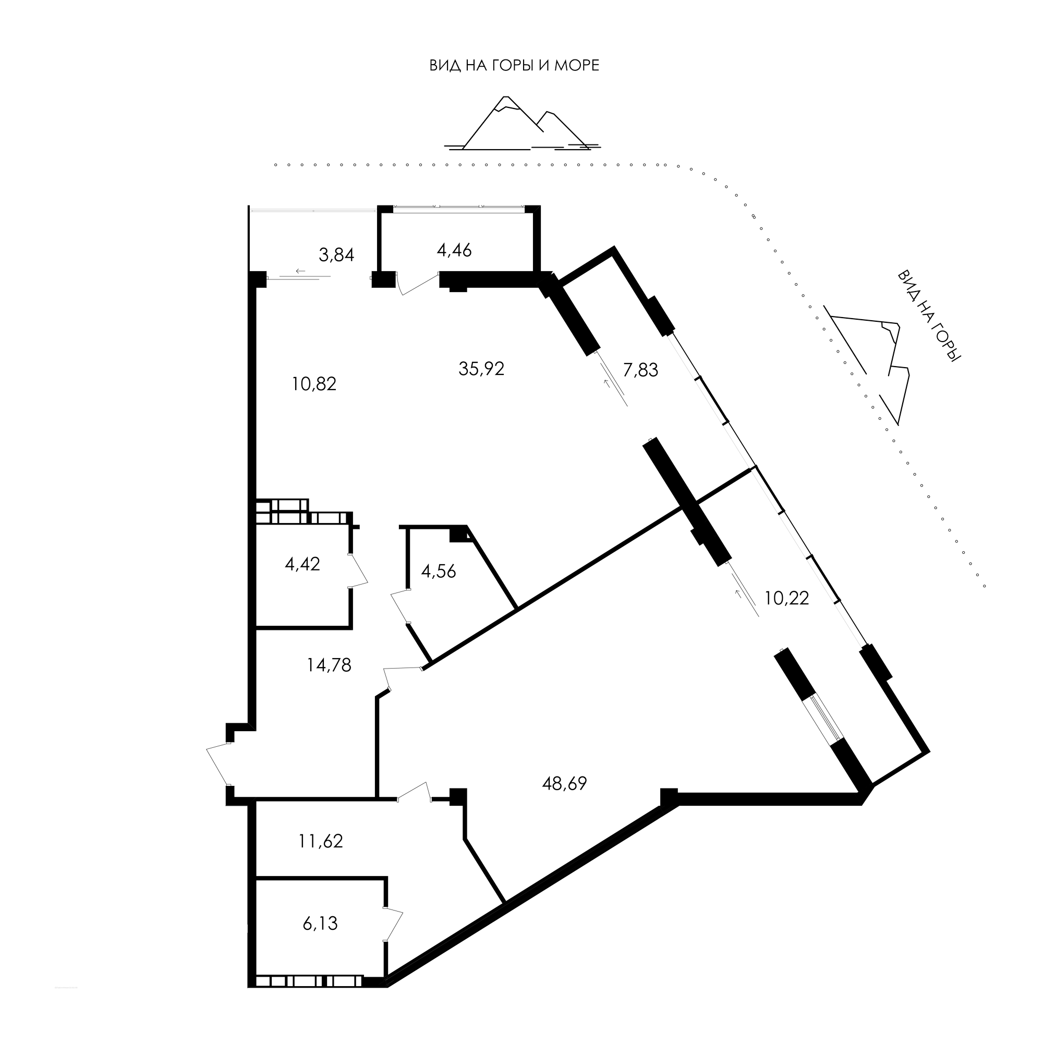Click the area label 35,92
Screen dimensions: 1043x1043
(481, 369)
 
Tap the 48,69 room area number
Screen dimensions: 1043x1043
(564, 783)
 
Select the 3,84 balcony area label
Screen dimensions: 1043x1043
(336, 255)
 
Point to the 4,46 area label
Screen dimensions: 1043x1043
(455, 250)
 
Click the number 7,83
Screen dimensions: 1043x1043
(640, 370)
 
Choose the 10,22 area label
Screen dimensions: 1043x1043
(786, 598)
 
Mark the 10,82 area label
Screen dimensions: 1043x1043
(314, 384)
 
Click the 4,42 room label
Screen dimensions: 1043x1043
(302, 564)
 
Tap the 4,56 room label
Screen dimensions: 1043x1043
(439, 571)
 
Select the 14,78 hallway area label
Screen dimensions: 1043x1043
(329, 665)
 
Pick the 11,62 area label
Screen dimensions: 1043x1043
(321, 841)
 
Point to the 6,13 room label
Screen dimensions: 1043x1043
(320, 924)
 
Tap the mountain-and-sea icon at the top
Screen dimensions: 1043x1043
(522, 123)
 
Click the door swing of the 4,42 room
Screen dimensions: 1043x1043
(358, 570)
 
